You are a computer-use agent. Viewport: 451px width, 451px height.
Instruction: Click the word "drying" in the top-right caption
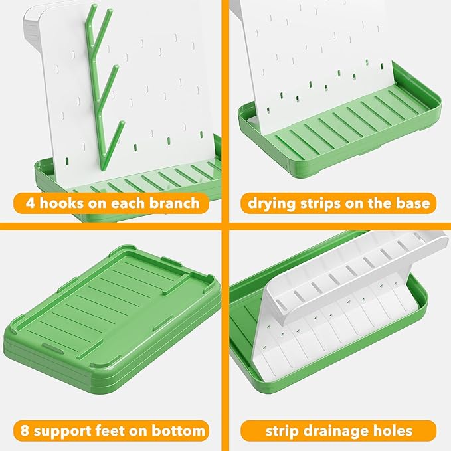(271, 203)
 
